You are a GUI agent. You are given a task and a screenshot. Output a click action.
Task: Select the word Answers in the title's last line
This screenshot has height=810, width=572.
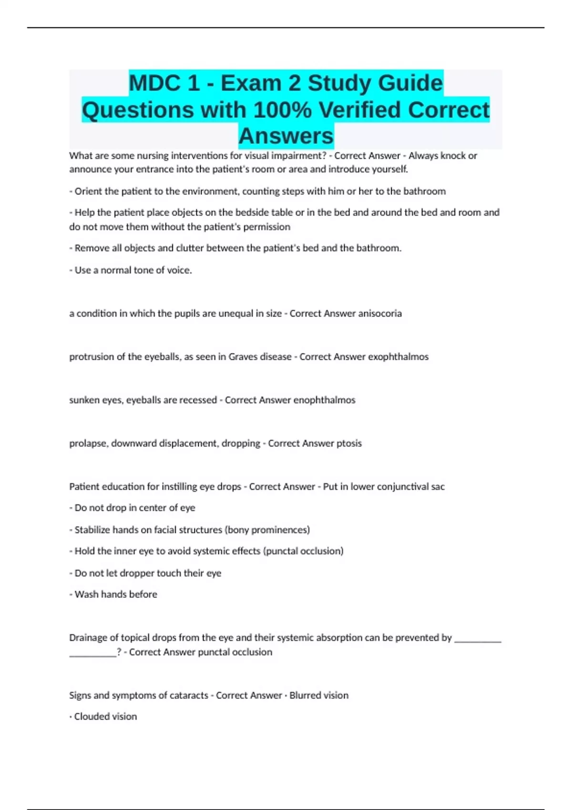(x=286, y=136)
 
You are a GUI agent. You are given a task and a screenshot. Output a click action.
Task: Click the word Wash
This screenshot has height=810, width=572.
(x=86, y=595)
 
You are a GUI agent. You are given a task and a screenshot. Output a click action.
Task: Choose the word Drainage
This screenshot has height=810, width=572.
(x=88, y=638)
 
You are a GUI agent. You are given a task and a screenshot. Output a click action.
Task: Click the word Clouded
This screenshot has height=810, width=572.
(x=91, y=717)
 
